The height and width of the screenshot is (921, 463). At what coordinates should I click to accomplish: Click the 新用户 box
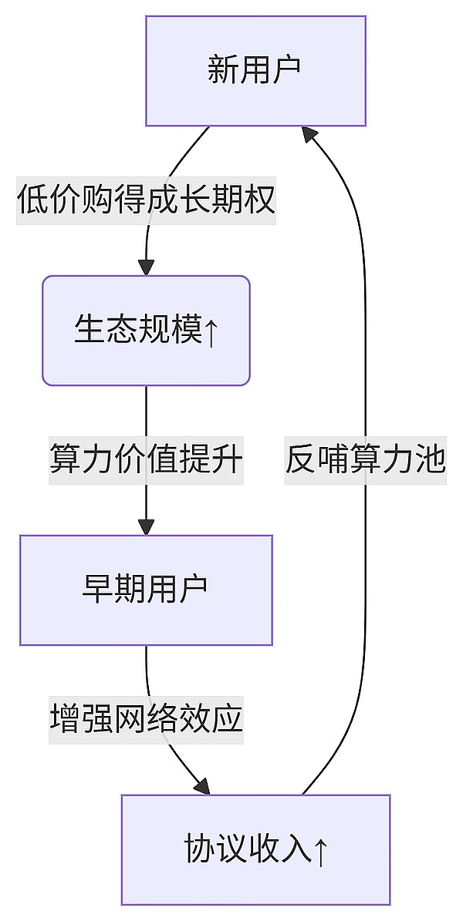pos(255,71)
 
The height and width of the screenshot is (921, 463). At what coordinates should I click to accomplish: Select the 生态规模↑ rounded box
pos(146,330)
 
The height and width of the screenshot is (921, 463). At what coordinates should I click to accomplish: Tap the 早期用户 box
pos(146,590)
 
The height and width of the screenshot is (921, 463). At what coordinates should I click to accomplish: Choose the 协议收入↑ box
pos(255,849)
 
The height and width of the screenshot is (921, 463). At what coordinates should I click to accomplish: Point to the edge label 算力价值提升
pos(146,460)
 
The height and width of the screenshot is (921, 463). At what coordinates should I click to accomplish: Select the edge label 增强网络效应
pos(146,719)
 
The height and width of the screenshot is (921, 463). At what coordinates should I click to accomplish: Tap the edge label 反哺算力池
pos(365,460)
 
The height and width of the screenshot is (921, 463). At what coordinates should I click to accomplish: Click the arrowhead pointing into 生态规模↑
pos(146,267)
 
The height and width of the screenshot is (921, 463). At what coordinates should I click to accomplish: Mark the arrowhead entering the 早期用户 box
pos(146,526)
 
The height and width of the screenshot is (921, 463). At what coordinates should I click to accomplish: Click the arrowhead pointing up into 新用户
pos(309,135)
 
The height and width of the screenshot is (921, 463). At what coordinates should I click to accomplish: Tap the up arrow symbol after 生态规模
pos(211,331)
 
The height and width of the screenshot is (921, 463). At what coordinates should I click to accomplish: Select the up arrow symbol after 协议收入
pos(321,851)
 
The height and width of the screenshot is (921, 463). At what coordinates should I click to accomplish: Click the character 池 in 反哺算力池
pos(430,460)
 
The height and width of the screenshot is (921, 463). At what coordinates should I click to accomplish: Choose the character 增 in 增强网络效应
pos(65,719)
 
